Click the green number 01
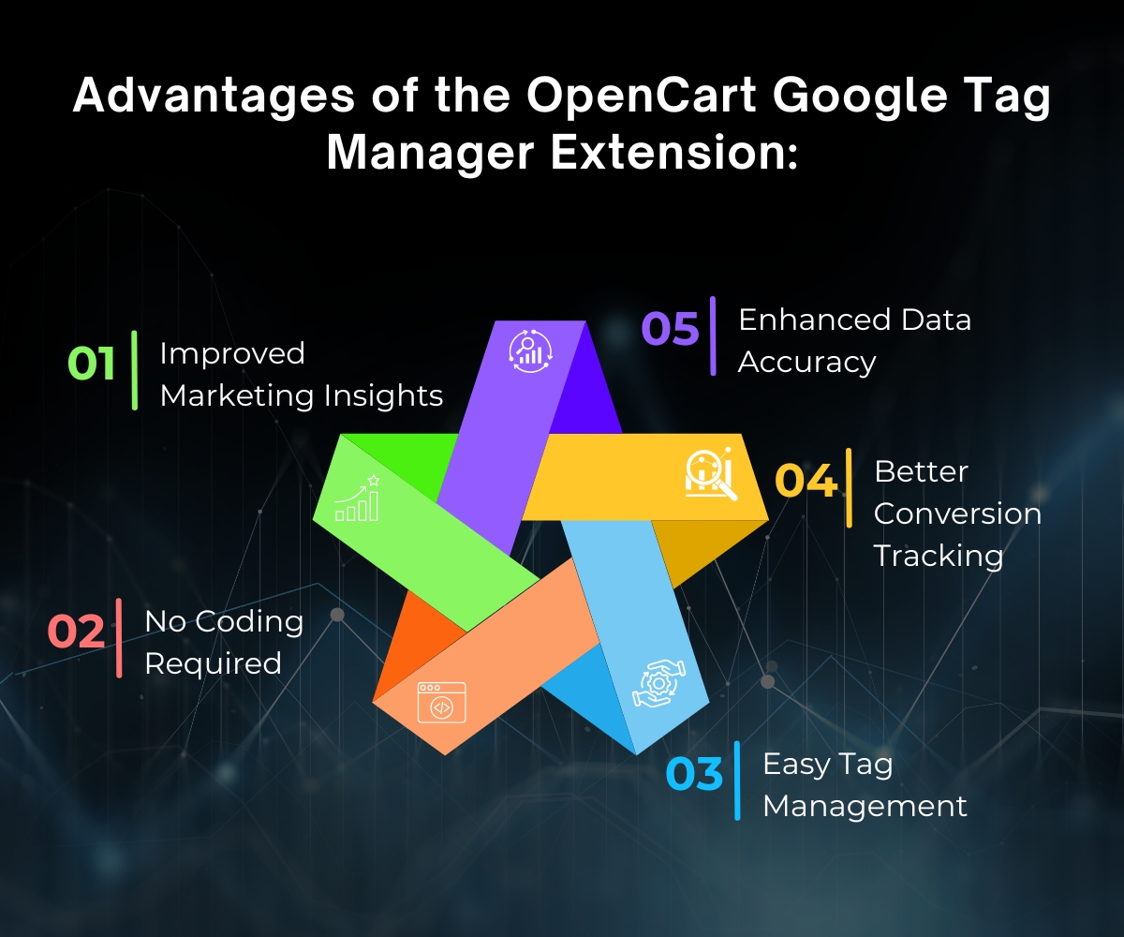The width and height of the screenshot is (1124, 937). point(92,363)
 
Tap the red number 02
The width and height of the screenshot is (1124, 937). point(76,631)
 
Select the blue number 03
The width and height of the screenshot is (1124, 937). point(694,774)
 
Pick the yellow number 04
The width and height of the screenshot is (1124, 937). point(806,480)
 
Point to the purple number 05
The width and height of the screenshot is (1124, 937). point(671,328)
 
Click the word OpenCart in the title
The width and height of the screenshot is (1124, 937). point(642,96)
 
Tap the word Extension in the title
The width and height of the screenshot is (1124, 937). point(673,154)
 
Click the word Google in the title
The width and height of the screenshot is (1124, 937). point(860,97)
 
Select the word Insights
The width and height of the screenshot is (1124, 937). point(383,396)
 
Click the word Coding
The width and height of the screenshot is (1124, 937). point(249,622)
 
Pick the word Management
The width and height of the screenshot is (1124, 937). point(865,808)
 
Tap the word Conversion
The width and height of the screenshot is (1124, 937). point(957,513)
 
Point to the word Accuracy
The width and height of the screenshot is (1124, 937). point(806,363)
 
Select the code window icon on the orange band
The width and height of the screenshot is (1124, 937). point(442,702)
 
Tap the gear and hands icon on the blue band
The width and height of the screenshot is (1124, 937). point(658,683)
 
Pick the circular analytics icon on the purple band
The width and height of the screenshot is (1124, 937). point(531,351)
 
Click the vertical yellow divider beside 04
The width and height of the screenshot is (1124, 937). point(849,488)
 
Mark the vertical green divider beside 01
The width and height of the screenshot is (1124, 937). point(135,370)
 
